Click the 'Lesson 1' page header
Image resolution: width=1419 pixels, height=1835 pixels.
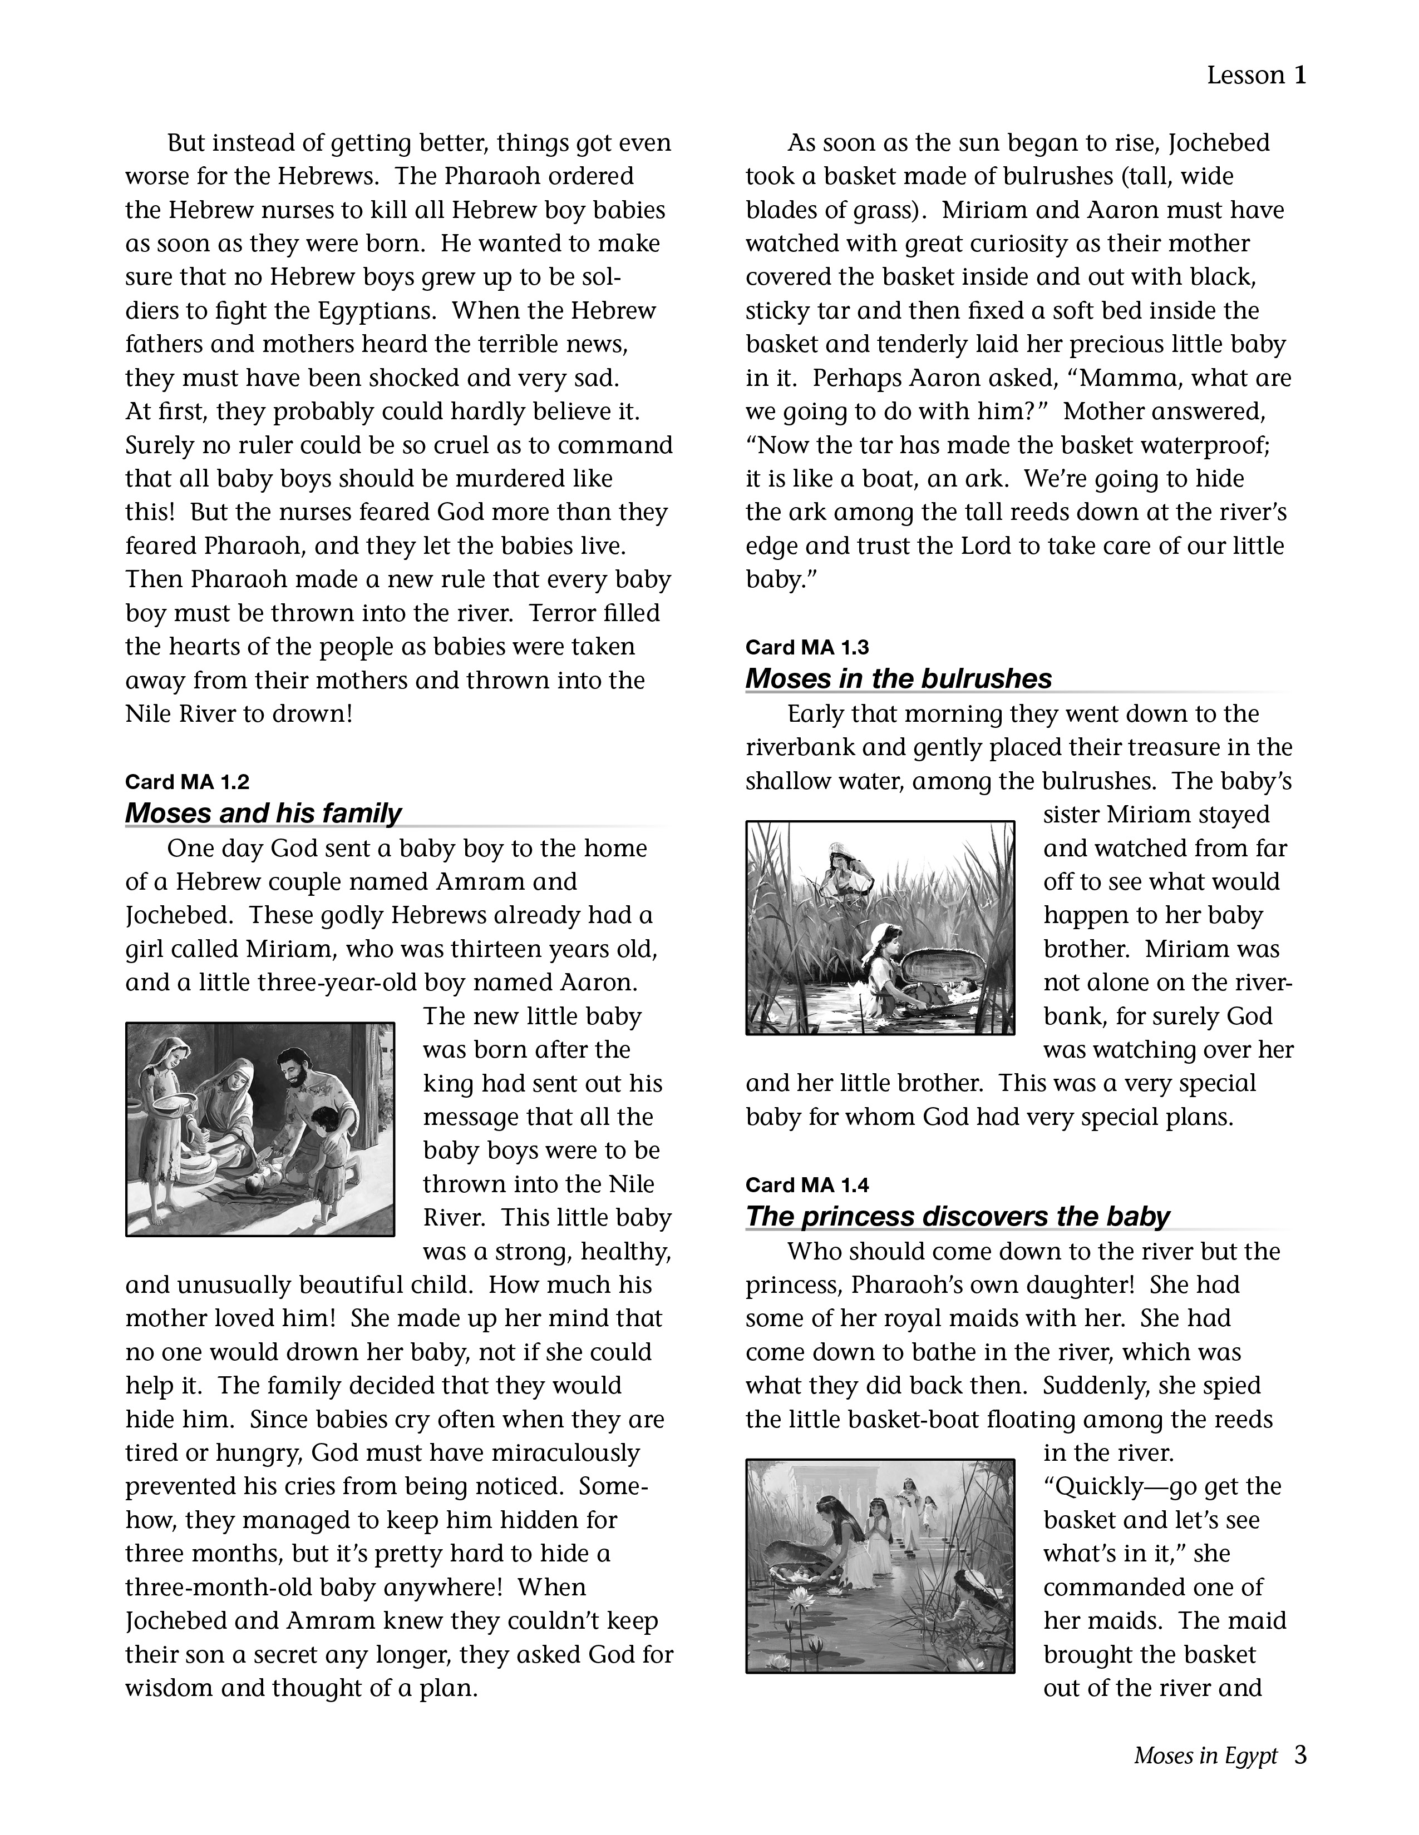click(1256, 76)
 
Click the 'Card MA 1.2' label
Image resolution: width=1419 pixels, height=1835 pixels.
click(186, 781)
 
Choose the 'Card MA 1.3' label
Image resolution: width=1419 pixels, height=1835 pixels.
click(807, 647)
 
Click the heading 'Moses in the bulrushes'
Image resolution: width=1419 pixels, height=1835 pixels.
click(898, 679)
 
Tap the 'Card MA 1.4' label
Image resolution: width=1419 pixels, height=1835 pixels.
click(807, 1184)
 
